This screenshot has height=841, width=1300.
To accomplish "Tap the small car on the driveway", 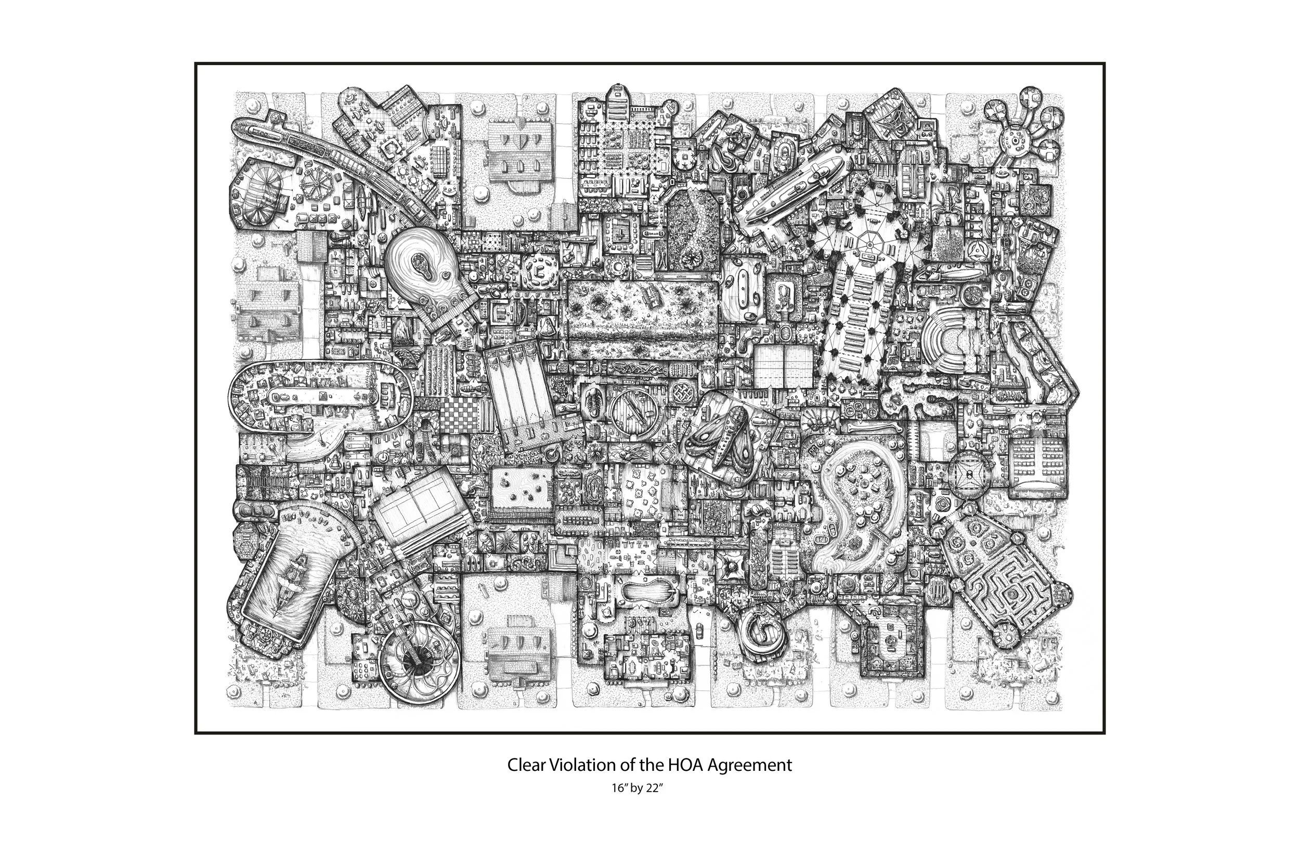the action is (x=701, y=634).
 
